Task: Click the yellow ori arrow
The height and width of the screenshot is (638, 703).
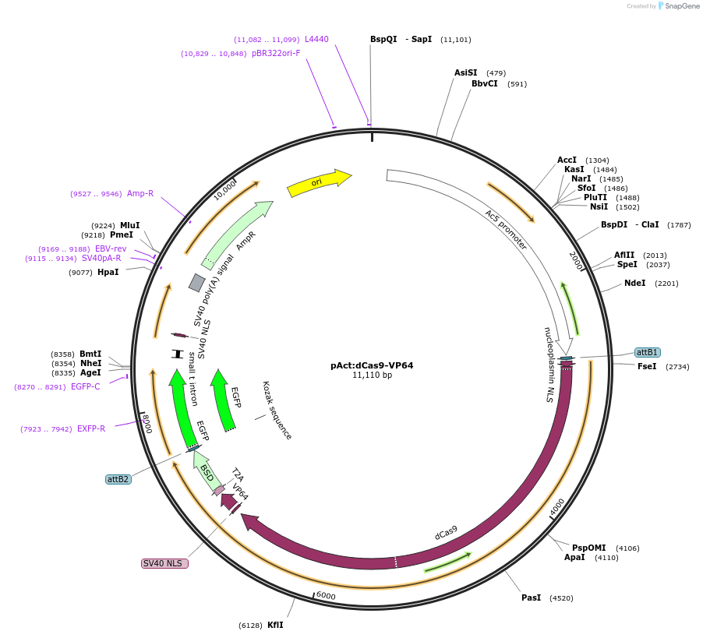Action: [x=318, y=182]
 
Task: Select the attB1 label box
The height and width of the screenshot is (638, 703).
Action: [x=648, y=352]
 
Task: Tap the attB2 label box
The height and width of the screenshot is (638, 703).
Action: [x=118, y=479]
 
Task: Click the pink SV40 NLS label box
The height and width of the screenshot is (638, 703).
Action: [x=164, y=563]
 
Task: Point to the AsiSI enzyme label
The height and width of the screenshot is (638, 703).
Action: [x=466, y=72]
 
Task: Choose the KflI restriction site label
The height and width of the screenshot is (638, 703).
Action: [x=275, y=625]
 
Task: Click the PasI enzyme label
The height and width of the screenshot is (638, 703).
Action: [x=531, y=597]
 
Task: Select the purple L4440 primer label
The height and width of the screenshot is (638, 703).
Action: [x=316, y=39]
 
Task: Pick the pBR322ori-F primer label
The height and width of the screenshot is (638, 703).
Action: [x=276, y=54]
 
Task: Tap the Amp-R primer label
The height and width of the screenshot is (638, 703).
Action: [x=140, y=193]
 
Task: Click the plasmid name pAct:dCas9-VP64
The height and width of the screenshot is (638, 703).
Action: [x=372, y=365]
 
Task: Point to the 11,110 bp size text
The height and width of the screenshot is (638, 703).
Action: [x=372, y=375]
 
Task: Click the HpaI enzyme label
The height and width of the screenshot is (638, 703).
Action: [x=108, y=272]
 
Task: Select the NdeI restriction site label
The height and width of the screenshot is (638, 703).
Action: [x=634, y=283]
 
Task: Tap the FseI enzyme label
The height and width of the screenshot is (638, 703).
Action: [x=647, y=366]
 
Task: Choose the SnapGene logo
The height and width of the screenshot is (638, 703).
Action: [x=678, y=6]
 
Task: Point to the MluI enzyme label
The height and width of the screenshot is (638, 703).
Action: [x=129, y=225]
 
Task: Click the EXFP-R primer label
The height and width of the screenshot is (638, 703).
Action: [x=91, y=428]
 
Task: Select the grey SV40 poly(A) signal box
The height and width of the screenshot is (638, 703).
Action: [x=197, y=282]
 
